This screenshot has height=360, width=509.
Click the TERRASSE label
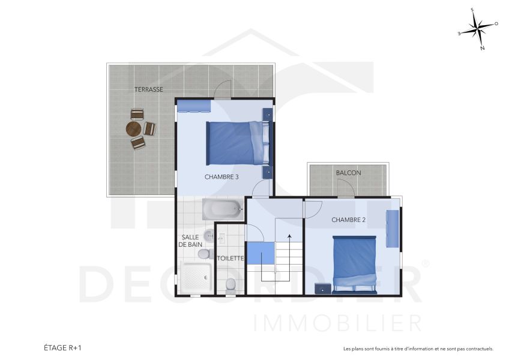[148, 89]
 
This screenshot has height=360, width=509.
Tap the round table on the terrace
[133, 129]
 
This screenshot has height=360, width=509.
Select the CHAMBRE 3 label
[221, 177]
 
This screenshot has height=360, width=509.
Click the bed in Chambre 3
[238, 143]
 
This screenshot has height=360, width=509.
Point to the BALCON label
[348, 173]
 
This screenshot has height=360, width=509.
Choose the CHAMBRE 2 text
[348, 220]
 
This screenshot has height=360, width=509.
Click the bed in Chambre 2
[354, 263]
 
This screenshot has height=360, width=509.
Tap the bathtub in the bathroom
[221, 209]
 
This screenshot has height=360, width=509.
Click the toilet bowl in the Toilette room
[230, 285]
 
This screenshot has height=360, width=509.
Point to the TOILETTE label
[230, 259]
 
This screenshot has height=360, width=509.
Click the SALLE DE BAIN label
[191, 241]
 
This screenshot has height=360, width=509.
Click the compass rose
[478, 28]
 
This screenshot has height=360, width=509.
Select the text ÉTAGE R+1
[62, 348]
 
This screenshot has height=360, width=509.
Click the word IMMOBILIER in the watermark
[338, 323]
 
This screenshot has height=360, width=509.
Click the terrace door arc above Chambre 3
[223, 90]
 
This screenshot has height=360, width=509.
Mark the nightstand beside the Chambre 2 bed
[324, 288]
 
